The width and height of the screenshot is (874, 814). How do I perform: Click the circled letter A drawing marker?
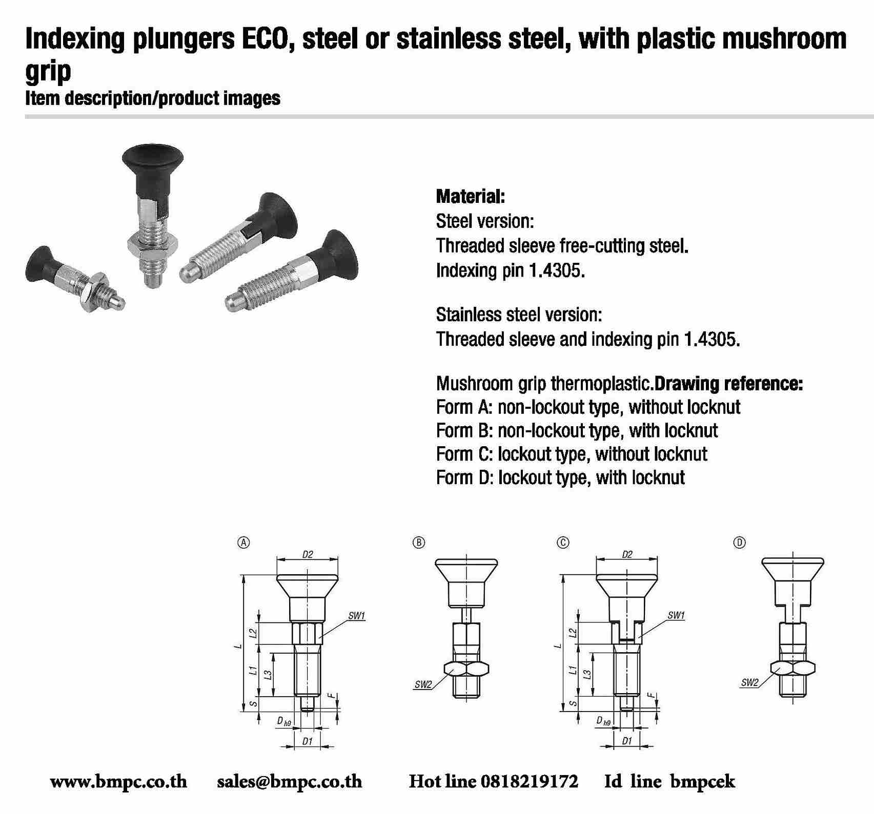coord(245,542)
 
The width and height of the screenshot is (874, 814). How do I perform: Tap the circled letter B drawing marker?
coord(419,542)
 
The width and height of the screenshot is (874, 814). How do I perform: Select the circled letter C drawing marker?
coord(563,542)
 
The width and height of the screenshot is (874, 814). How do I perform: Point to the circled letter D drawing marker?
coord(739,542)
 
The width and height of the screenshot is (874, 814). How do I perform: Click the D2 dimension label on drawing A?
coord(308,554)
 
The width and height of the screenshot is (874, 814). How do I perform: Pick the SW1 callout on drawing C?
coord(676,616)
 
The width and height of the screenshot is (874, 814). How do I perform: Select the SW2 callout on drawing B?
coord(423,685)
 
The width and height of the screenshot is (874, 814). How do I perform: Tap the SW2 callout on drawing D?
coord(749,683)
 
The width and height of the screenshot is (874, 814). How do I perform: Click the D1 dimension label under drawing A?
coord(307,741)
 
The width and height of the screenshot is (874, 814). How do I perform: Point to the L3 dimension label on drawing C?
coord(588,675)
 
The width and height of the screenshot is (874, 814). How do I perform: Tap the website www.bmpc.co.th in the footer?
coord(118,782)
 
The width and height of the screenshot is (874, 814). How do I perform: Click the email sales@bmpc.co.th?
coord(289,782)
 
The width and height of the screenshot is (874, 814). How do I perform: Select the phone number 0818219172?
coord(530,782)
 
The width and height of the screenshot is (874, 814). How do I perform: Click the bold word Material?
coord(470,196)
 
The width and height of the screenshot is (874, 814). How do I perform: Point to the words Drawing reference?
coord(729,383)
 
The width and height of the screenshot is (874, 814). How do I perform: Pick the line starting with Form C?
coord(571,454)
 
